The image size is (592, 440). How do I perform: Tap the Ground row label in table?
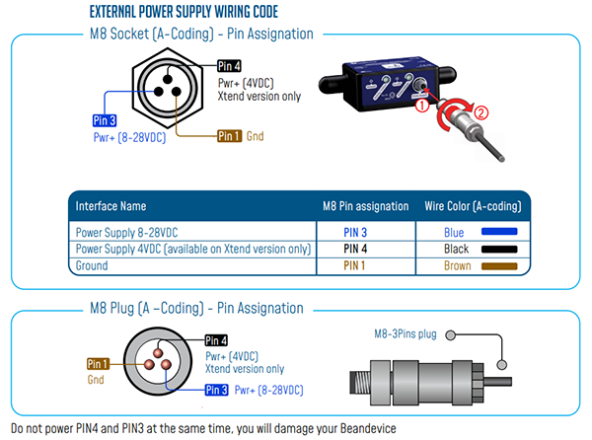click(92, 266)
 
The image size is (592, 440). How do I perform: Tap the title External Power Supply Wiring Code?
click(184, 12)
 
